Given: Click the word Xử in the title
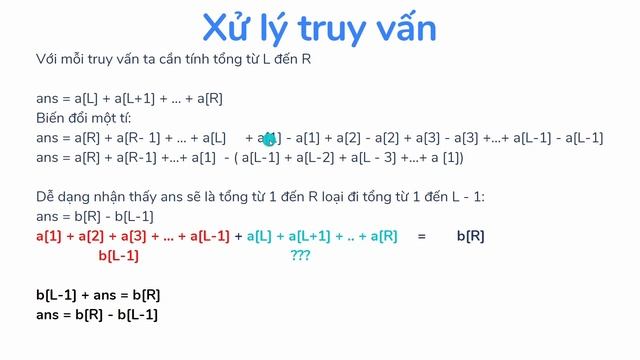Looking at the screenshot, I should point(227,28).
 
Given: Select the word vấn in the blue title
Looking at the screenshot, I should point(403,28).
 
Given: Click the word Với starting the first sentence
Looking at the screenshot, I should point(47,60).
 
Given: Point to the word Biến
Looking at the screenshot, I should point(51,118).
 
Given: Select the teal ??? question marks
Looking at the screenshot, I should point(300,256).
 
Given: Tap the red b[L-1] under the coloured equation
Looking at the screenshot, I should point(119,256).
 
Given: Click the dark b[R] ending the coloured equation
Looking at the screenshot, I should point(470,237).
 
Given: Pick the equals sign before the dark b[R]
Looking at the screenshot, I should point(422,237).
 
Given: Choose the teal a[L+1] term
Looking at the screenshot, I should point(312,237).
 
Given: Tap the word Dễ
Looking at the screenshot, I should point(44,198).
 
